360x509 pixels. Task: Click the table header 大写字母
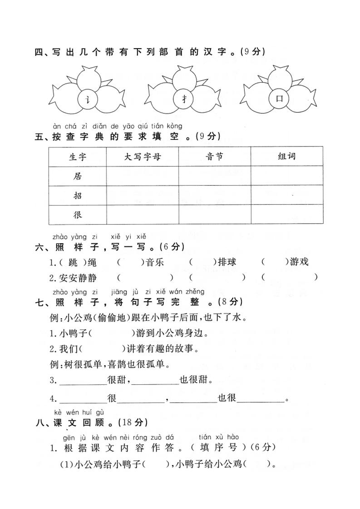pyautogui.click(x=142, y=157)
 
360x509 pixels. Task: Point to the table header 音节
pyautogui.click(x=214, y=157)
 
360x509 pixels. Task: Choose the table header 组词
pyautogui.click(x=286, y=157)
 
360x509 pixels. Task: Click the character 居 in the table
pyautogui.click(x=78, y=176)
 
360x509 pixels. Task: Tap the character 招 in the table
pyautogui.click(x=78, y=196)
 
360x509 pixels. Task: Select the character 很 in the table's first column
pyautogui.click(x=78, y=215)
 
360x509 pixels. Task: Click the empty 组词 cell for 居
pyautogui.click(x=286, y=176)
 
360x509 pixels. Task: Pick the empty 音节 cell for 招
pyautogui.click(x=214, y=196)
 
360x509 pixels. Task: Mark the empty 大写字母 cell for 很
pyautogui.click(x=142, y=215)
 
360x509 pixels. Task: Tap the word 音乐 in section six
pyautogui.click(x=154, y=262)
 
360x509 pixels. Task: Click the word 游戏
pyautogui.click(x=299, y=262)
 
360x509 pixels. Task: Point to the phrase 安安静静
pyautogui.click(x=78, y=278)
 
